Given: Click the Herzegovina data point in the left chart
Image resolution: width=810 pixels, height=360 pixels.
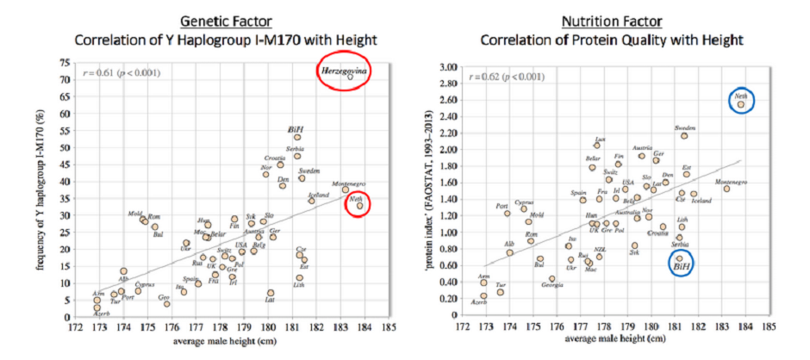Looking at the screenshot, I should (x=350, y=77).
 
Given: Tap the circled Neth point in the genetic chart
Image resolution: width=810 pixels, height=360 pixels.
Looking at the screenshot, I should (x=360, y=205).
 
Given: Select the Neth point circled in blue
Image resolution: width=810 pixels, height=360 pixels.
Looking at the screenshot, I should (x=740, y=105).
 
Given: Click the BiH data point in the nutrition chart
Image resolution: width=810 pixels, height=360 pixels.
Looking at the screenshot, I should (x=679, y=258).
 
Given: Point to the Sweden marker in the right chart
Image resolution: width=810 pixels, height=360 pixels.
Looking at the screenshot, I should (x=684, y=135).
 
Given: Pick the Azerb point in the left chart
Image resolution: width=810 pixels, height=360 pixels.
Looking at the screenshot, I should (x=97, y=307).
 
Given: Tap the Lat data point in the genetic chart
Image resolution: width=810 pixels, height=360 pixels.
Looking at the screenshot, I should (x=271, y=293).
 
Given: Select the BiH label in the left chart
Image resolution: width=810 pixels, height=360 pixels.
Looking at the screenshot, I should (x=296, y=128).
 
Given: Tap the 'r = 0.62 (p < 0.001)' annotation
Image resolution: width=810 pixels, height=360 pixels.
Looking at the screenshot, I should (x=508, y=77).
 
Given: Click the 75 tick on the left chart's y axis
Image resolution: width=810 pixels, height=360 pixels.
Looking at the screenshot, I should (x=65, y=63).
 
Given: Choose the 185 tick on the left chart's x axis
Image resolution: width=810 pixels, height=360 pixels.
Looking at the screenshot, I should (x=391, y=327).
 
